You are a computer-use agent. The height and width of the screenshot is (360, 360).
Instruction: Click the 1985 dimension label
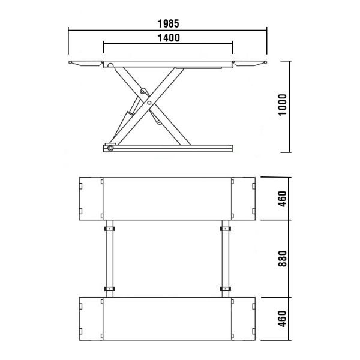tap(168, 23)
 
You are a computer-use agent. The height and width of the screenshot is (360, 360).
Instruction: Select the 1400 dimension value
tap(169, 38)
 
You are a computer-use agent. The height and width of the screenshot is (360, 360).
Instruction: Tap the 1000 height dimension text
tap(283, 105)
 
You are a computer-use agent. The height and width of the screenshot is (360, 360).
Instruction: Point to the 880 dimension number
tap(283, 259)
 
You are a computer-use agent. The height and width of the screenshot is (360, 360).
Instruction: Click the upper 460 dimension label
tap(283, 199)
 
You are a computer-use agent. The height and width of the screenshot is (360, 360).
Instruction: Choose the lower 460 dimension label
tap(283, 319)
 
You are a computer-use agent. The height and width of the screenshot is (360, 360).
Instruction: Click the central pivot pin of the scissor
tap(149, 103)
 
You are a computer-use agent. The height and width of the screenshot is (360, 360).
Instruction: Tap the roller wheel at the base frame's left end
tap(110, 148)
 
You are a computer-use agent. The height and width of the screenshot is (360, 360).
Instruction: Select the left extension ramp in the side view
tap(86, 64)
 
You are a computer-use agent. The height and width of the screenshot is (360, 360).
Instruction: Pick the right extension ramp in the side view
tap(250, 64)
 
